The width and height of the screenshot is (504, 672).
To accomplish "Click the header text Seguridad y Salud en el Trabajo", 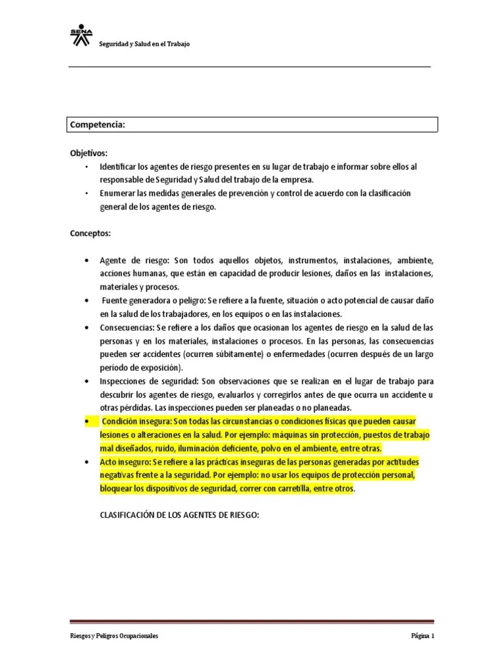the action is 144,45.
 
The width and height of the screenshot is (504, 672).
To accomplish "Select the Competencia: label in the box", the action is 98,125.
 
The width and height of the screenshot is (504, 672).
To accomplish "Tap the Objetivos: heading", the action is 89,152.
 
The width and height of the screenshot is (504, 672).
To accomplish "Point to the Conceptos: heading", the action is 90,233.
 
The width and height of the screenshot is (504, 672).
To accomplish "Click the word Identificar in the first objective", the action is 119,166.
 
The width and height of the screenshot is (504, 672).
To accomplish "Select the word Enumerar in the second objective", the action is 118,194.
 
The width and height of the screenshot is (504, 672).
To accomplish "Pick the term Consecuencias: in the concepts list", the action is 129,327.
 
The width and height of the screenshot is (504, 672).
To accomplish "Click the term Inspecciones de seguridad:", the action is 150,381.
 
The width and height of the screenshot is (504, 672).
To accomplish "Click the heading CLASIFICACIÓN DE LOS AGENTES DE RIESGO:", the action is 179,515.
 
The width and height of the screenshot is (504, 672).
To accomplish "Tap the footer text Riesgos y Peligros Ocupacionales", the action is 114,636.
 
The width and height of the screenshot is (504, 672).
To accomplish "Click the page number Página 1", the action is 423,636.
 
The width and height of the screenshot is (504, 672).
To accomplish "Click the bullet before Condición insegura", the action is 87,421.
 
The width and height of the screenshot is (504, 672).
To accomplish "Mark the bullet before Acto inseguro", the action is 87,461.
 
